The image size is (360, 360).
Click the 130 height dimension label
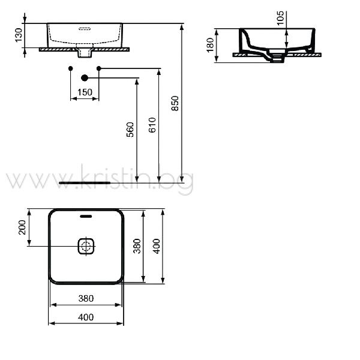tap(19, 35)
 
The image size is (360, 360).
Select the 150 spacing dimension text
tap(85, 92)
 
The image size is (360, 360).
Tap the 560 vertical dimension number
tap(130, 130)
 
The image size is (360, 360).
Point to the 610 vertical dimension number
tap(152, 125)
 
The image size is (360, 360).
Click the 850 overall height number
tap(175, 104)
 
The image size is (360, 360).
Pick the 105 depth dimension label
tap(280, 18)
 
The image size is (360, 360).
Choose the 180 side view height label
tap(211, 45)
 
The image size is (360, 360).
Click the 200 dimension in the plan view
tap(22, 227)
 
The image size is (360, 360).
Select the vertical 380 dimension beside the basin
tap(137, 246)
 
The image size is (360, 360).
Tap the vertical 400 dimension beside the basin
tap(157, 246)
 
